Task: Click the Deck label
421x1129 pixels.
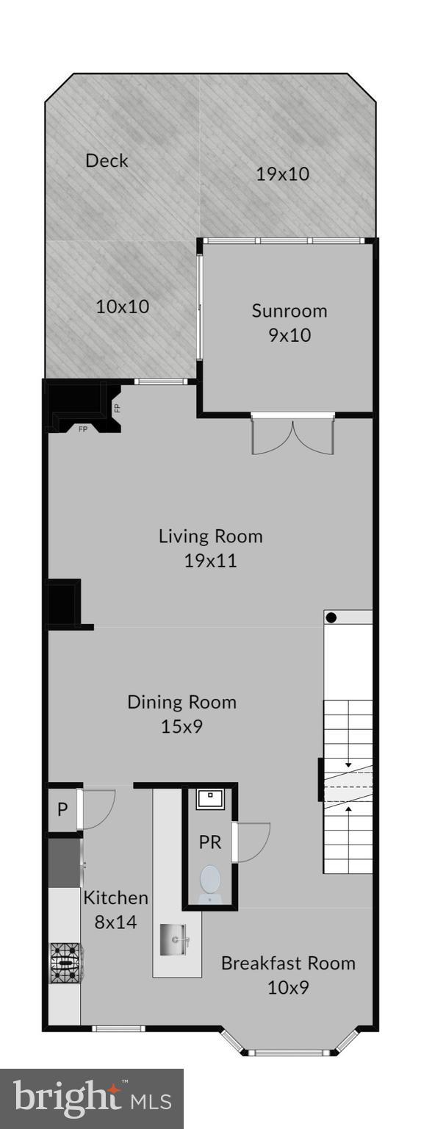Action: [x=107, y=160]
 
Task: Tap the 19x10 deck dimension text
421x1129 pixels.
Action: [x=282, y=174]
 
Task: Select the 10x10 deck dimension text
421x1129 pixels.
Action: [x=122, y=307]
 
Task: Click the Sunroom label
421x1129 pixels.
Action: [x=289, y=310]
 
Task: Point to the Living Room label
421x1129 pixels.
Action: [x=210, y=536]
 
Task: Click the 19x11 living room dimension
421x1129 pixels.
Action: [x=210, y=561]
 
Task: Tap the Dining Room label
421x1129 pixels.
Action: [x=181, y=701]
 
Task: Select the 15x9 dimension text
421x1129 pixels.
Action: [x=181, y=727]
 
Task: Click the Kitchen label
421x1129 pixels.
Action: [x=115, y=897]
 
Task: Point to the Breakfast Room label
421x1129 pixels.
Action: [x=288, y=963]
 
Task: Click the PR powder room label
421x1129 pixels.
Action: [x=210, y=842]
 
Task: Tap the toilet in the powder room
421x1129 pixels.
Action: [x=210, y=881]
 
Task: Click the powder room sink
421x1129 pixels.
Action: [x=210, y=798]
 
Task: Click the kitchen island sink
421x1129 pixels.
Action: [x=175, y=939]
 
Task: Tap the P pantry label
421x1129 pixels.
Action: [x=62, y=810]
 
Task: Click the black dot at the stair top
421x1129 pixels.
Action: [x=331, y=617]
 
